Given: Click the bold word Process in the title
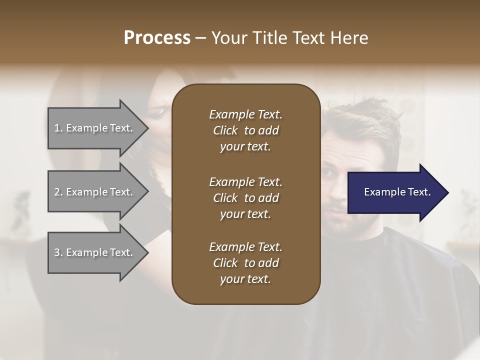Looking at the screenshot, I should [x=157, y=38].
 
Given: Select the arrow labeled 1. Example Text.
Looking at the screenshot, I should [x=95, y=128].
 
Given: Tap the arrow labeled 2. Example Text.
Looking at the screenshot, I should [x=95, y=192].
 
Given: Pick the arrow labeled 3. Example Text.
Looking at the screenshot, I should [x=95, y=252].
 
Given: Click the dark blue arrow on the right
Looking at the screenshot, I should [x=395, y=192].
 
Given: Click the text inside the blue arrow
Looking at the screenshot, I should [x=397, y=192].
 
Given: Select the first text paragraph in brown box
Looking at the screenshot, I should [x=245, y=130].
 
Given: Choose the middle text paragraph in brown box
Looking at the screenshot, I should [x=245, y=197].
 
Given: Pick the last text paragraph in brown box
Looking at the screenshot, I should [x=245, y=263].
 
